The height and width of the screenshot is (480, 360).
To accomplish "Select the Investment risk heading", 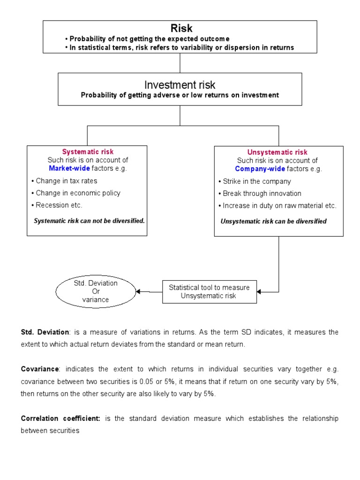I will [180, 85].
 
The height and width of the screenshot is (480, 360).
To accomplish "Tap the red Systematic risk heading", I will [88, 152].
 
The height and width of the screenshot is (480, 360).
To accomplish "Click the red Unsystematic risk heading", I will [277, 152].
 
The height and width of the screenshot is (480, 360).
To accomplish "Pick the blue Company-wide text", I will [260, 169].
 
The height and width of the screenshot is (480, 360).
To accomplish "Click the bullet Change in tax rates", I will [67, 180].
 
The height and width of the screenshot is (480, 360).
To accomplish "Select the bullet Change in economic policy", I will [78, 193].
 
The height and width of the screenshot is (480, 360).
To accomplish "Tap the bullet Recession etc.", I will [59, 205].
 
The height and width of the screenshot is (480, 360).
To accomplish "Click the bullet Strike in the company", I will [257, 181].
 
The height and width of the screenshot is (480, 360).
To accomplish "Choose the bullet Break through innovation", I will [262, 194].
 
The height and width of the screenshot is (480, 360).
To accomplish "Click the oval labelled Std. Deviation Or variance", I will [96, 292].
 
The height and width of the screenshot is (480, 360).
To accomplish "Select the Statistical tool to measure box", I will [209, 292].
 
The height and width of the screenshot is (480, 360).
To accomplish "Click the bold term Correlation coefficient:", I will [60, 419].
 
